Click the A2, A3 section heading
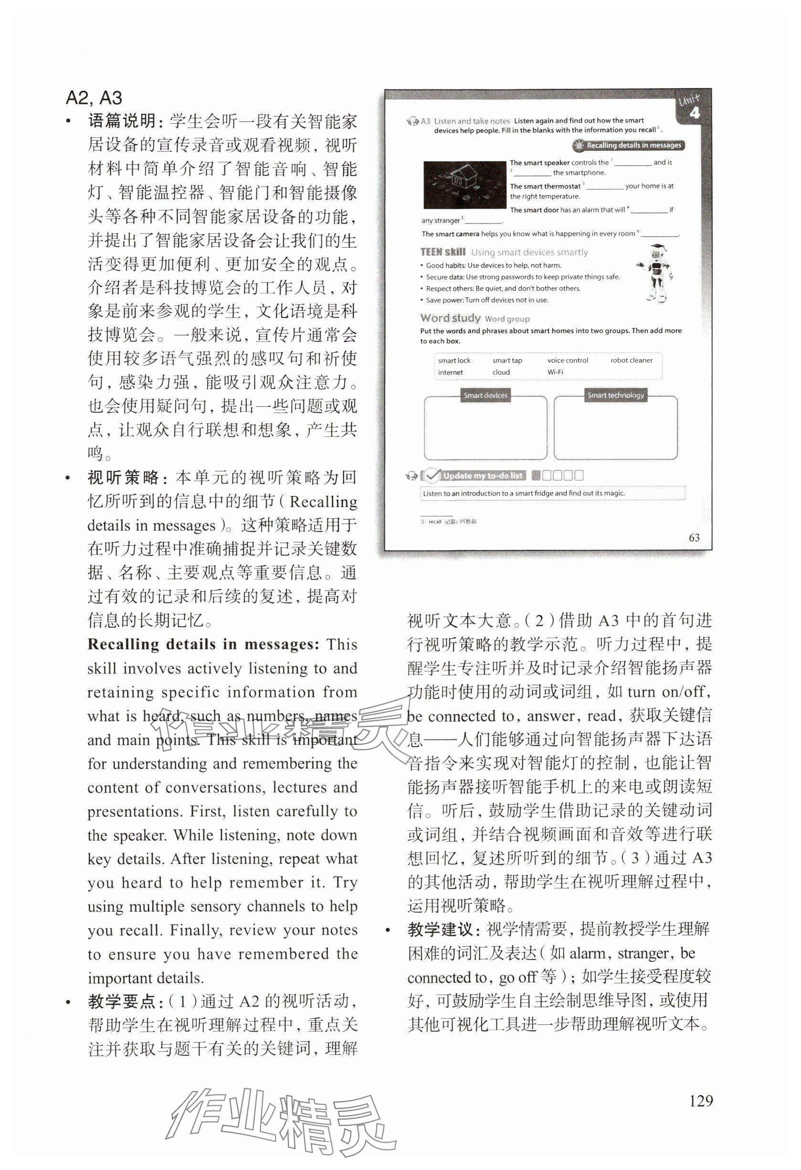point(94,98)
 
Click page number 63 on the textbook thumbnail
point(694,538)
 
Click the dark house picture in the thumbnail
point(464,185)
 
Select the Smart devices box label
point(485,395)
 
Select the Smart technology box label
point(615,395)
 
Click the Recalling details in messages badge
point(629,146)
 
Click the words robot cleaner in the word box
point(631,360)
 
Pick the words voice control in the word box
point(568,360)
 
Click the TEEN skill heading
point(443,252)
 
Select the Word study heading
point(450,318)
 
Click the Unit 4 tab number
point(694,113)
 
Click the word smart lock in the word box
point(454,360)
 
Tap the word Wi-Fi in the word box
point(555,372)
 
